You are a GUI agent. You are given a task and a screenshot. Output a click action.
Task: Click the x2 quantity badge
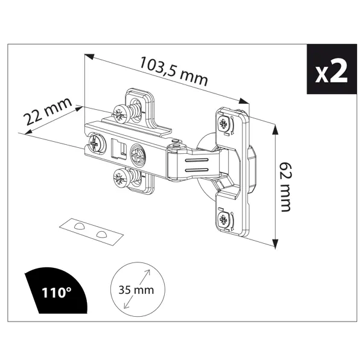(x=331, y=69)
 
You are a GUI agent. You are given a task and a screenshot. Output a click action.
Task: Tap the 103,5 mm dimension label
(x=174, y=71)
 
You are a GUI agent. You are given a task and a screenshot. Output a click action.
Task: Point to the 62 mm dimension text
(x=286, y=187)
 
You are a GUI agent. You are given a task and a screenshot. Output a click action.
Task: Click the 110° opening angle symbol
(x=57, y=291)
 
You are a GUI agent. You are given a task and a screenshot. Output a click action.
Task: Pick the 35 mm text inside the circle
(x=136, y=290)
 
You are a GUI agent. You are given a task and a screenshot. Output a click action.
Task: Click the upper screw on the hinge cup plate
(x=223, y=124)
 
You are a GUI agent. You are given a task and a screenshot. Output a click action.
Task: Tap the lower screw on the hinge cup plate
(x=223, y=219)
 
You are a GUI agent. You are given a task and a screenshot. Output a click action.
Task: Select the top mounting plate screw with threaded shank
(x=126, y=112)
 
